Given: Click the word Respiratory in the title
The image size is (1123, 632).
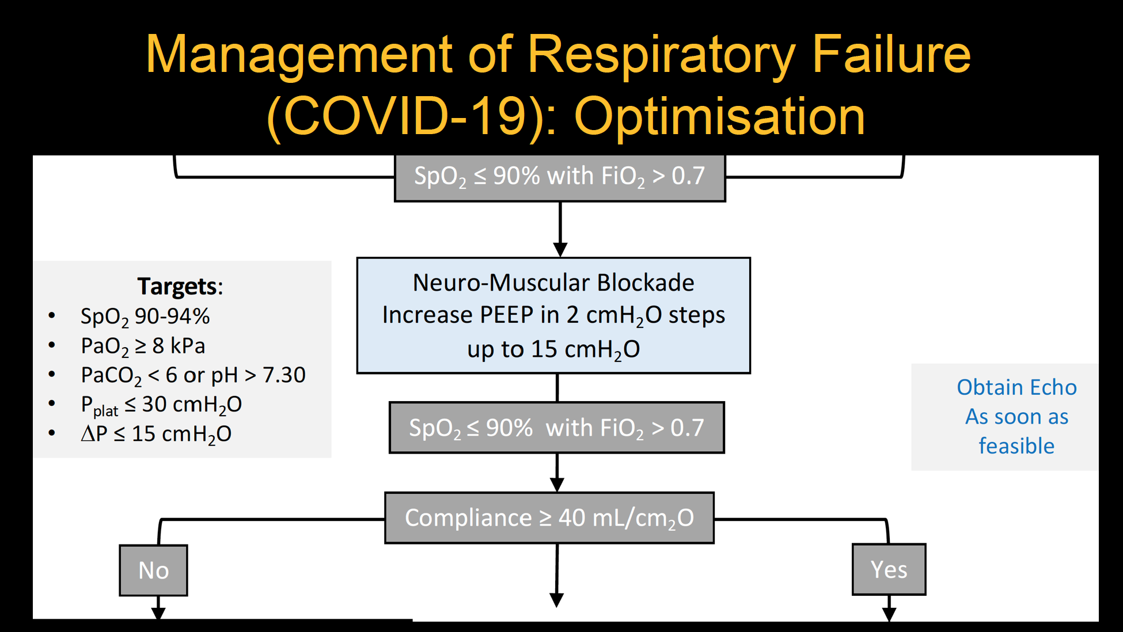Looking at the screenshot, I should click(661, 55).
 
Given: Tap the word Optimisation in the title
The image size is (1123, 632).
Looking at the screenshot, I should click(719, 116).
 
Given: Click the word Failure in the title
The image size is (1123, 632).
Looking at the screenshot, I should click(891, 55).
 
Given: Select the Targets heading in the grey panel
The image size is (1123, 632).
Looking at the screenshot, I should click(180, 286).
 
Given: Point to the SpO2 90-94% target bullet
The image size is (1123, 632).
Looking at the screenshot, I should click(145, 317).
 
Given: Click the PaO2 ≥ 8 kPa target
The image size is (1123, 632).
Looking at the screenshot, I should click(143, 346).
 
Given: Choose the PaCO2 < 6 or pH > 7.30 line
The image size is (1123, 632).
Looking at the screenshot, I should click(193, 375).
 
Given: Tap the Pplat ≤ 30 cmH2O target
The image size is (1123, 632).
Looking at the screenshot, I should click(161, 405).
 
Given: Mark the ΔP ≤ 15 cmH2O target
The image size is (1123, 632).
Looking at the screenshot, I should click(156, 434).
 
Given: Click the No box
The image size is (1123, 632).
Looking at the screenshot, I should click(153, 570).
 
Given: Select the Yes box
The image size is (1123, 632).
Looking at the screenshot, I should click(889, 569).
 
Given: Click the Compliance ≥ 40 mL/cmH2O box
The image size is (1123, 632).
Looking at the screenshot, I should click(549, 517).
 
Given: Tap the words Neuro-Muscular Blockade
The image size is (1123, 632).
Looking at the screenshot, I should click(553, 283).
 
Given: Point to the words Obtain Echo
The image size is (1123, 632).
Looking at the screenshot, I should click(1016, 387).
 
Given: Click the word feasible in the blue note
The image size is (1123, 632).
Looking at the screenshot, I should click(1016, 446).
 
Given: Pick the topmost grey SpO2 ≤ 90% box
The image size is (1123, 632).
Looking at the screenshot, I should click(560, 176).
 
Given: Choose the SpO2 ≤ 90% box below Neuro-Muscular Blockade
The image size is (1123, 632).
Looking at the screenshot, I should click(556, 428).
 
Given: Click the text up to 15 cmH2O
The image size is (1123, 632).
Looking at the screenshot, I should click(553, 349).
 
